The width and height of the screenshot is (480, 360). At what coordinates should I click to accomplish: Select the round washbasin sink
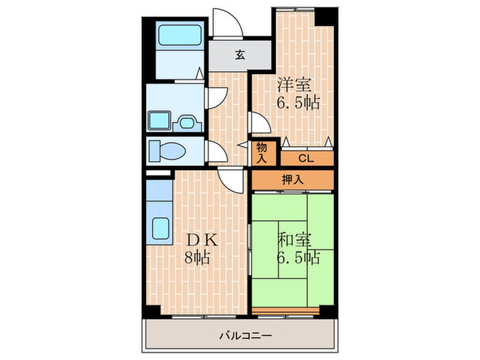tap(187, 123)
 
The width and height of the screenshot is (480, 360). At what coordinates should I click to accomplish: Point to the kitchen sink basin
tap(162, 228)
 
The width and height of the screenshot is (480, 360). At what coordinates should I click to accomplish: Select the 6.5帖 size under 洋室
tap(298, 104)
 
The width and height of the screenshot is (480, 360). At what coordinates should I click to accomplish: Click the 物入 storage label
tap(263, 152)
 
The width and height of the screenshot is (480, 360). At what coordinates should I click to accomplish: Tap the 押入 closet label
tap(292, 180)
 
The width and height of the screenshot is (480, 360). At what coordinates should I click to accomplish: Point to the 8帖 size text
tap(197, 259)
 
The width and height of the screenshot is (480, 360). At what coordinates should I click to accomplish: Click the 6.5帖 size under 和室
tap(298, 259)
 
